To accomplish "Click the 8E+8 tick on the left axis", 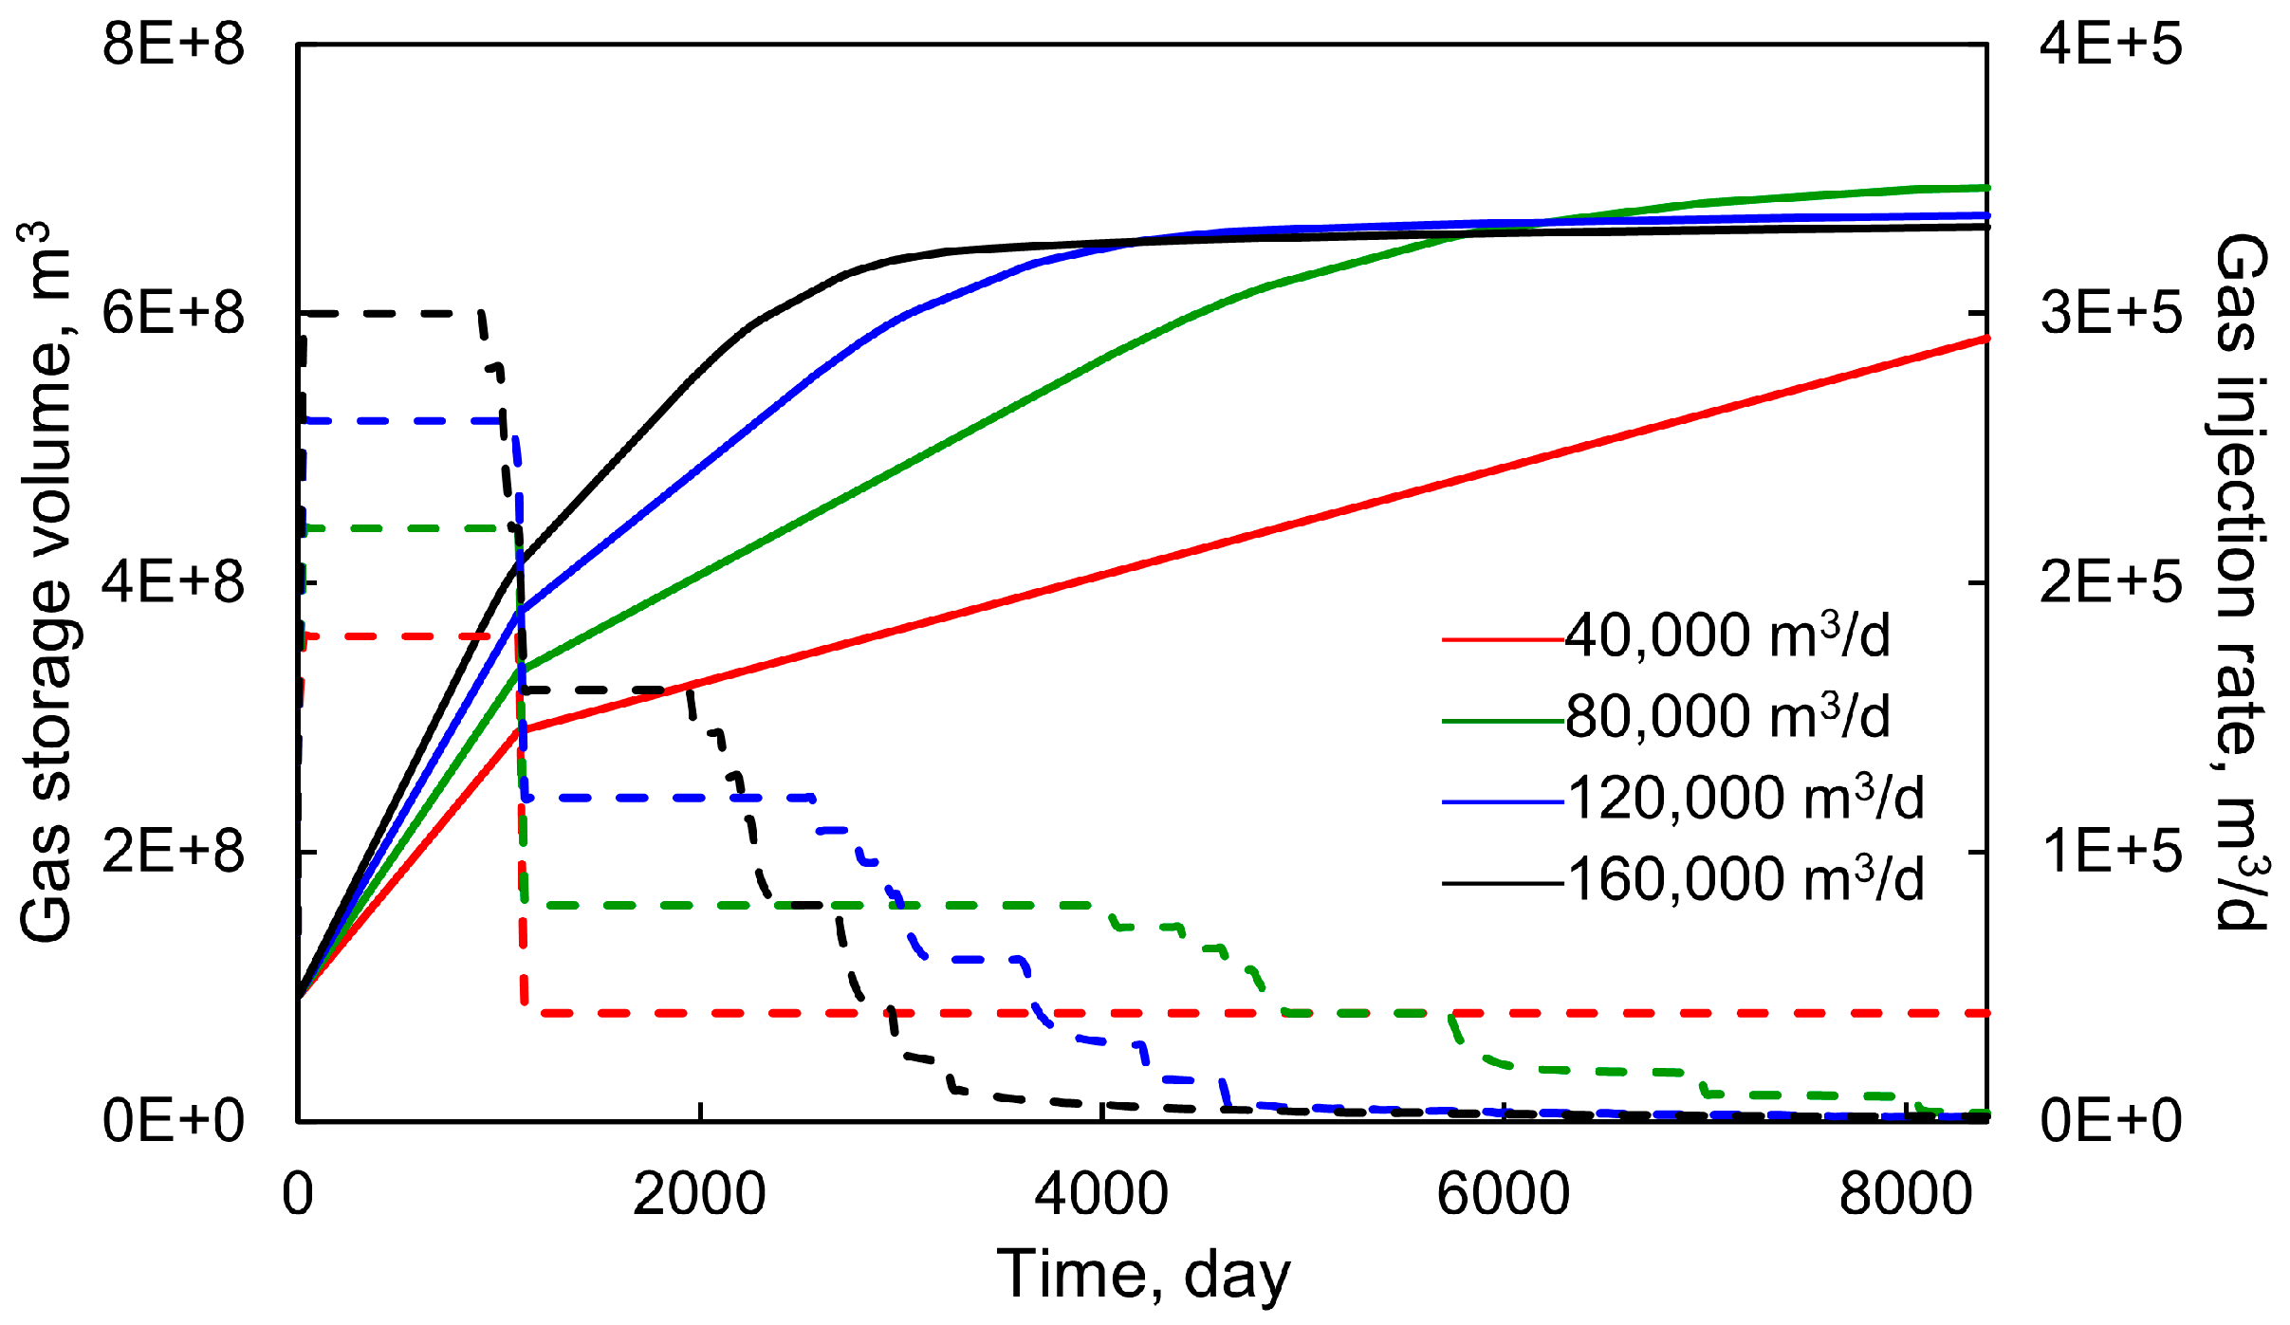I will (174, 45).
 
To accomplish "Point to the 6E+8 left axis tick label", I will (174, 313).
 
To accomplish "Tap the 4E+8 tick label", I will (174, 582).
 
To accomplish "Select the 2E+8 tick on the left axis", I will (174, 851).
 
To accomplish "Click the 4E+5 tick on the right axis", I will (2111, 45).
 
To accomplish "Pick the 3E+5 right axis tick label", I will (2111, 313).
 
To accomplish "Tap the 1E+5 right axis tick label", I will (2111, 851).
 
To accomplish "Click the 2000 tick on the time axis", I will (699, 1194).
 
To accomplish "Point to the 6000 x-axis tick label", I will (1504, 1194).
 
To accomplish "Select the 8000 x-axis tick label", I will (1906, 1194).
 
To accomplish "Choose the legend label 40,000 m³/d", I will (1727, 635).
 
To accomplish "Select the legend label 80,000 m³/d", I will (1727, 717).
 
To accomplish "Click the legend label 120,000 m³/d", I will (1744, 799).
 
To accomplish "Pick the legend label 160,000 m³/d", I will (1744, 880).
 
